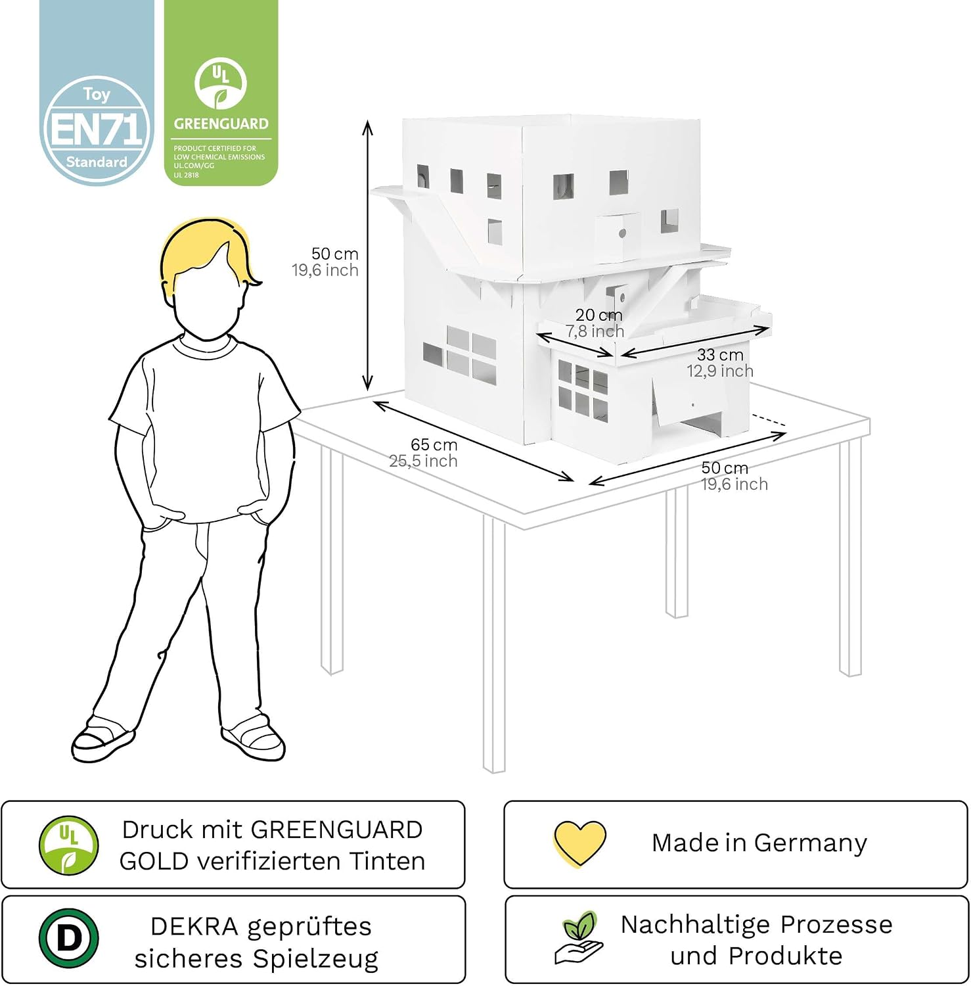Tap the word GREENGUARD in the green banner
point(221,124)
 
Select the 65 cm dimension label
point(434,445)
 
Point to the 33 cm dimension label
point(720,355)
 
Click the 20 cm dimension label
point(598,315)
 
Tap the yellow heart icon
point(579,843)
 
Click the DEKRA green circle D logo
point(69,938)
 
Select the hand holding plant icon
point(578,938)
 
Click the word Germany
point(811,843)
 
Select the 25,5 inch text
point(423,461)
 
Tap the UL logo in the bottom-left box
point(69,845)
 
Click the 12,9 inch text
point(720,371)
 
